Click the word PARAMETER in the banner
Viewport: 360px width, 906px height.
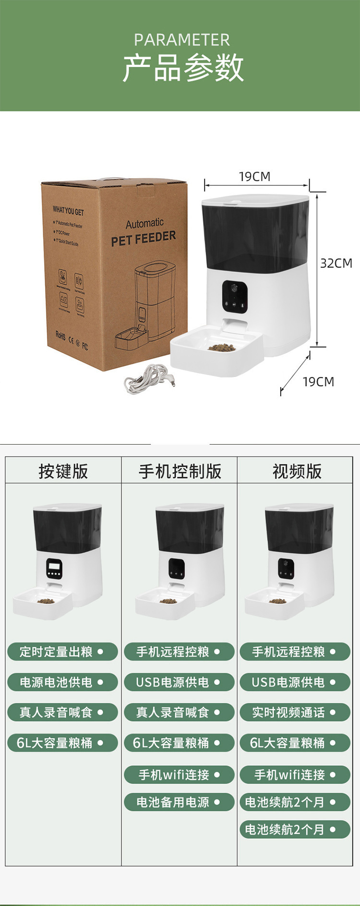(x=182, y=40)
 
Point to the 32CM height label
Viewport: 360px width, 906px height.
(x=336, y=263)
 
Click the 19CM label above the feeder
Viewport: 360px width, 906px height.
(x=255, y=177)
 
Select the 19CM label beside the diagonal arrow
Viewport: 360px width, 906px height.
(x=318, y=382)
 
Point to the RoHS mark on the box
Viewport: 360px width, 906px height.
(x=60, y=335)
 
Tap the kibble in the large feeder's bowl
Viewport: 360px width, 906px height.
(x=221, y=347)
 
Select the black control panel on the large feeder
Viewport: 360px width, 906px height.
(x=235, y=295)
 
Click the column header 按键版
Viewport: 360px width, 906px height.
(x=63, y=471)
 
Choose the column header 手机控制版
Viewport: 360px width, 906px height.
(x=180, y=471)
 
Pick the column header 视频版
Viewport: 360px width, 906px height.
(x=297, y=471)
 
